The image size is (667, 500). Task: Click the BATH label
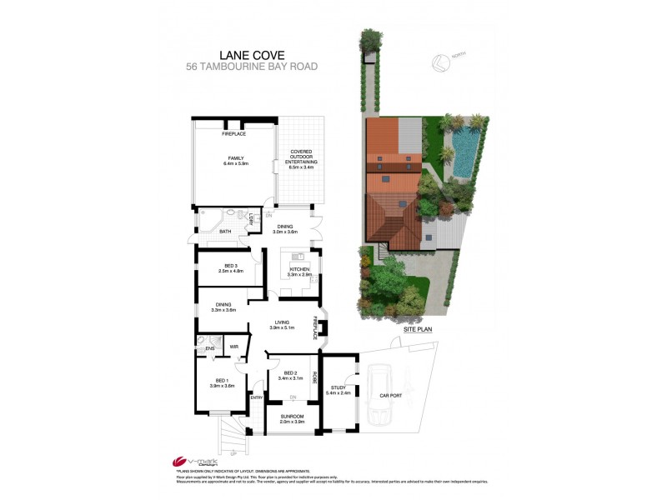[x=225, y=232]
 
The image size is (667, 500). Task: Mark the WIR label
[x=235, y=347]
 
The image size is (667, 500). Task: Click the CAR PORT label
[x=391, y=397]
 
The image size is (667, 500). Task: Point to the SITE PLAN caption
[x=419, y=330]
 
